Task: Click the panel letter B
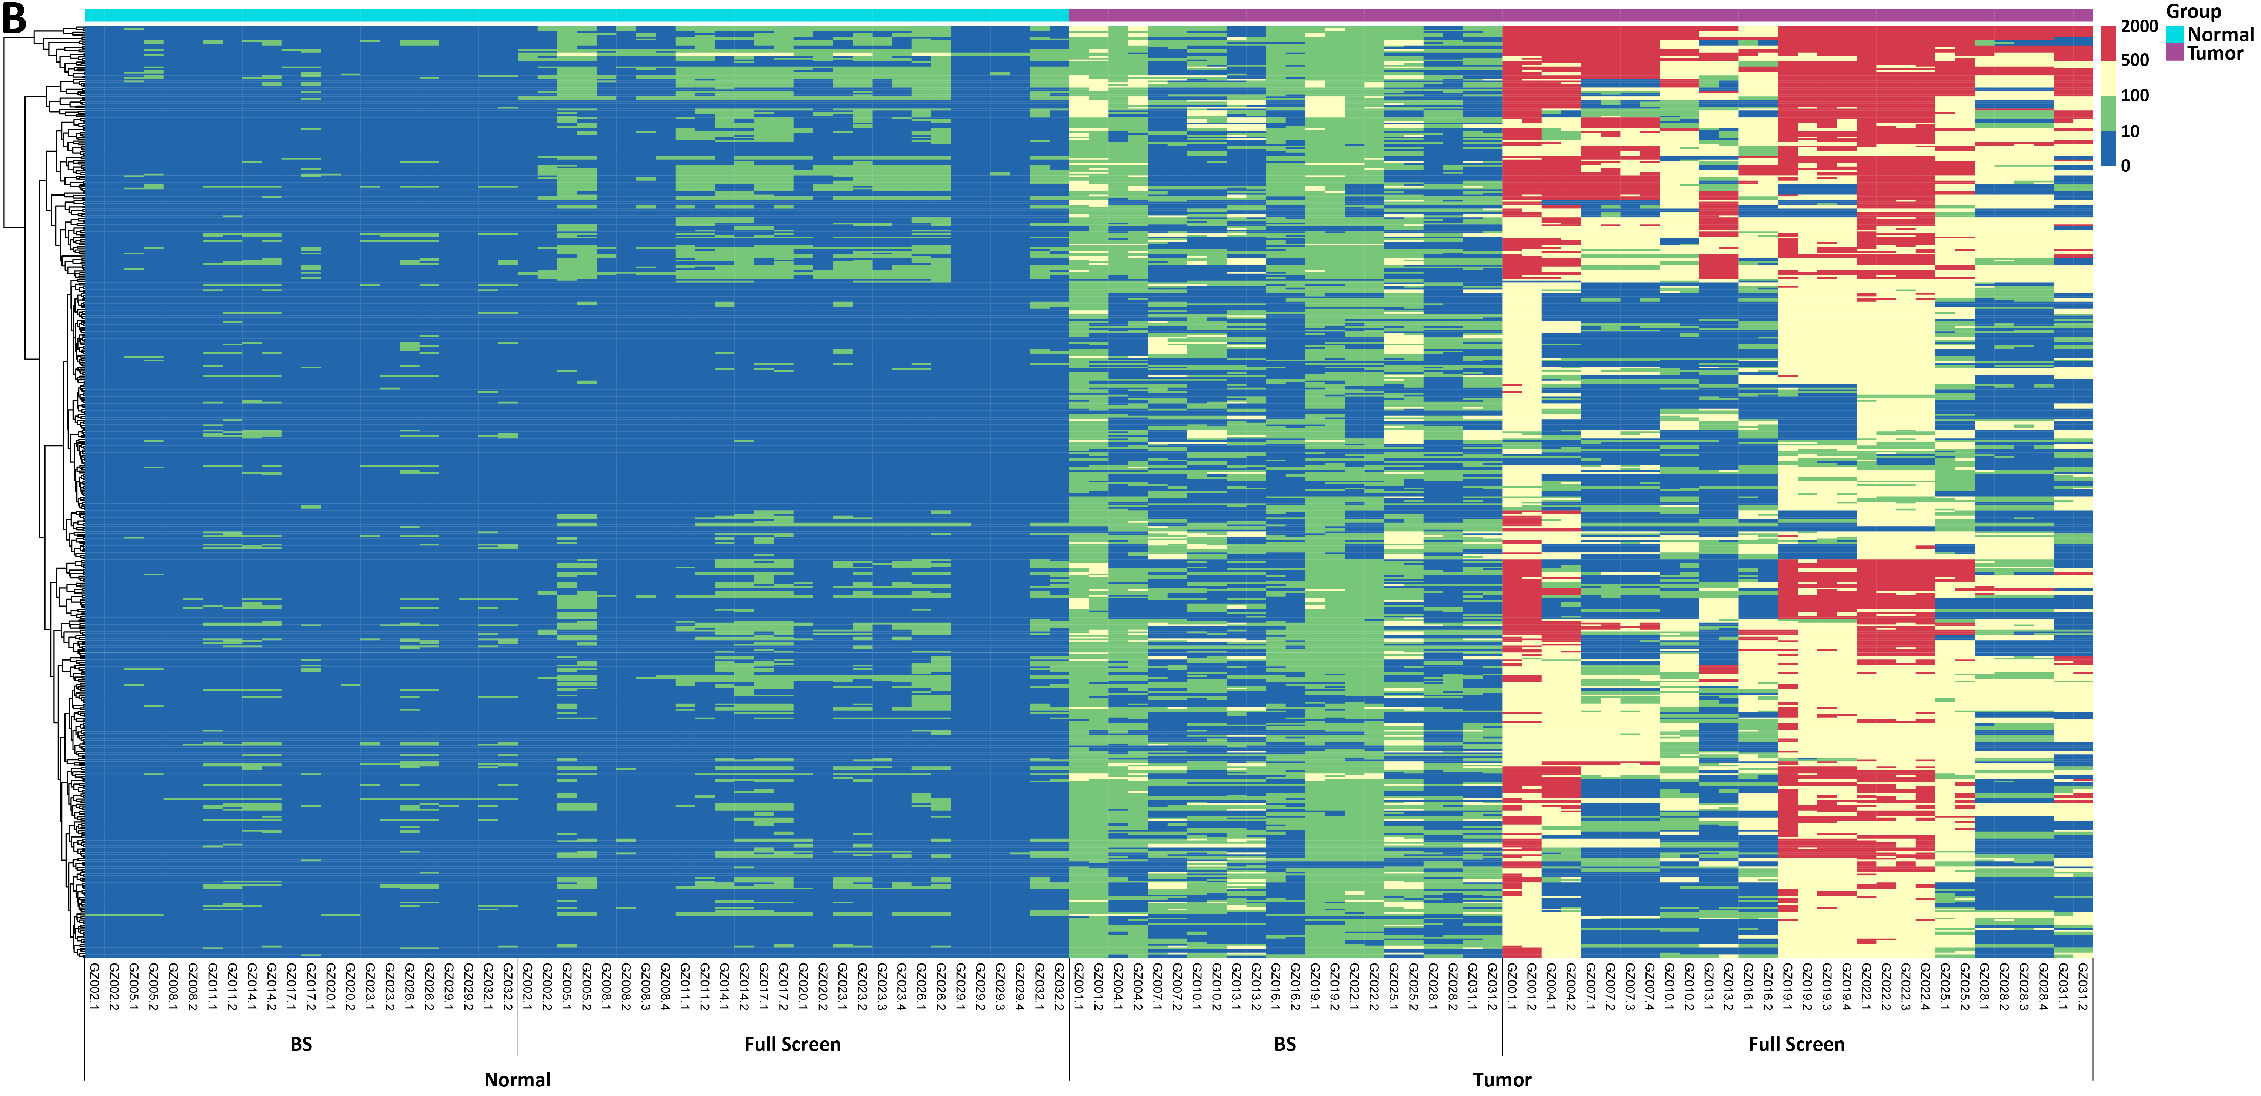pos(14,17)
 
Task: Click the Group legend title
pos(2194,11)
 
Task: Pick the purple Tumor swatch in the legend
pos(2174,53)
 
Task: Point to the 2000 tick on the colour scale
pos(2139,26)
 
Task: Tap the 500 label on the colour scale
pos(2135,60)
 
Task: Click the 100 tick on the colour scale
pos(2135,96)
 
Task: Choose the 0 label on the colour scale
pos(2125,166)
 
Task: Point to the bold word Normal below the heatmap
pos(518,1079)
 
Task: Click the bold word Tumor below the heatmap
pos(1502,1079)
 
